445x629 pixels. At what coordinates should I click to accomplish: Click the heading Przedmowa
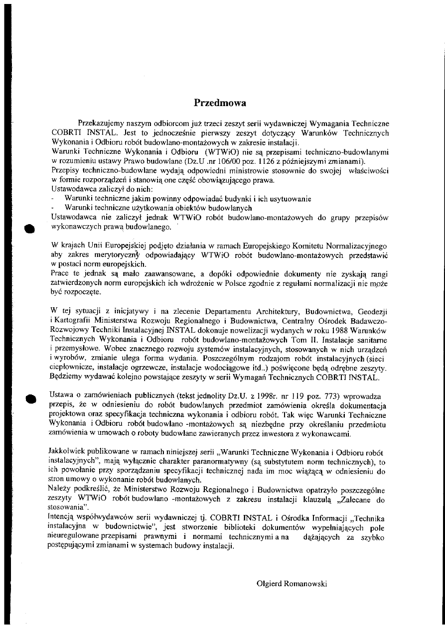coord(220,103)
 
